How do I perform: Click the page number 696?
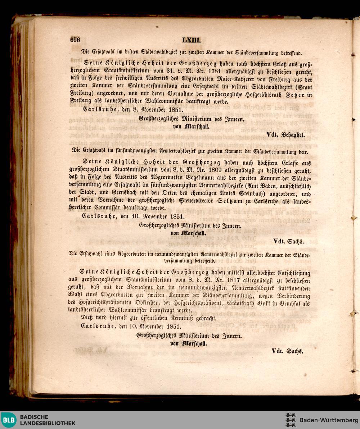pos(75,40)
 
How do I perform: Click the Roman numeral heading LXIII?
pos(191,40)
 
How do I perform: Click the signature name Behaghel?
pos(293,135)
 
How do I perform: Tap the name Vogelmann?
pos(196,178)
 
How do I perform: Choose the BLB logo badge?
pos(9,420)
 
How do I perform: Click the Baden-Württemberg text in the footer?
pos(329,420)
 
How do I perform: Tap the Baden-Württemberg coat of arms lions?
pos(290,420)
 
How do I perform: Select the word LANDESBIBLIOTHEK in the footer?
pos(48,423)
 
